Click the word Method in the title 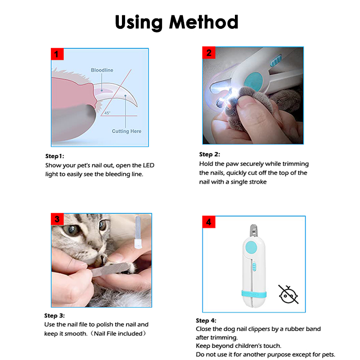[204, 22]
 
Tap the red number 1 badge [57, 54]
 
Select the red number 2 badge [209, 53]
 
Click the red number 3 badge [57, 219]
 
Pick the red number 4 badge [209, 222]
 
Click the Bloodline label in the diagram [102, 70]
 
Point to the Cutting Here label [126, 131]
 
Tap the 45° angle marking [107, 113]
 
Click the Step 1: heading [54, 156]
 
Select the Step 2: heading [209, 154]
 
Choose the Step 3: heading [54, 316]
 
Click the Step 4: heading [206, 320]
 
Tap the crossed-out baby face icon [288, 295]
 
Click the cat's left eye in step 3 [71, 229]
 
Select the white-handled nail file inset [138, 232]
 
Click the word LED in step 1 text [148, 165]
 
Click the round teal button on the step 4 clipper [251, 247]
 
